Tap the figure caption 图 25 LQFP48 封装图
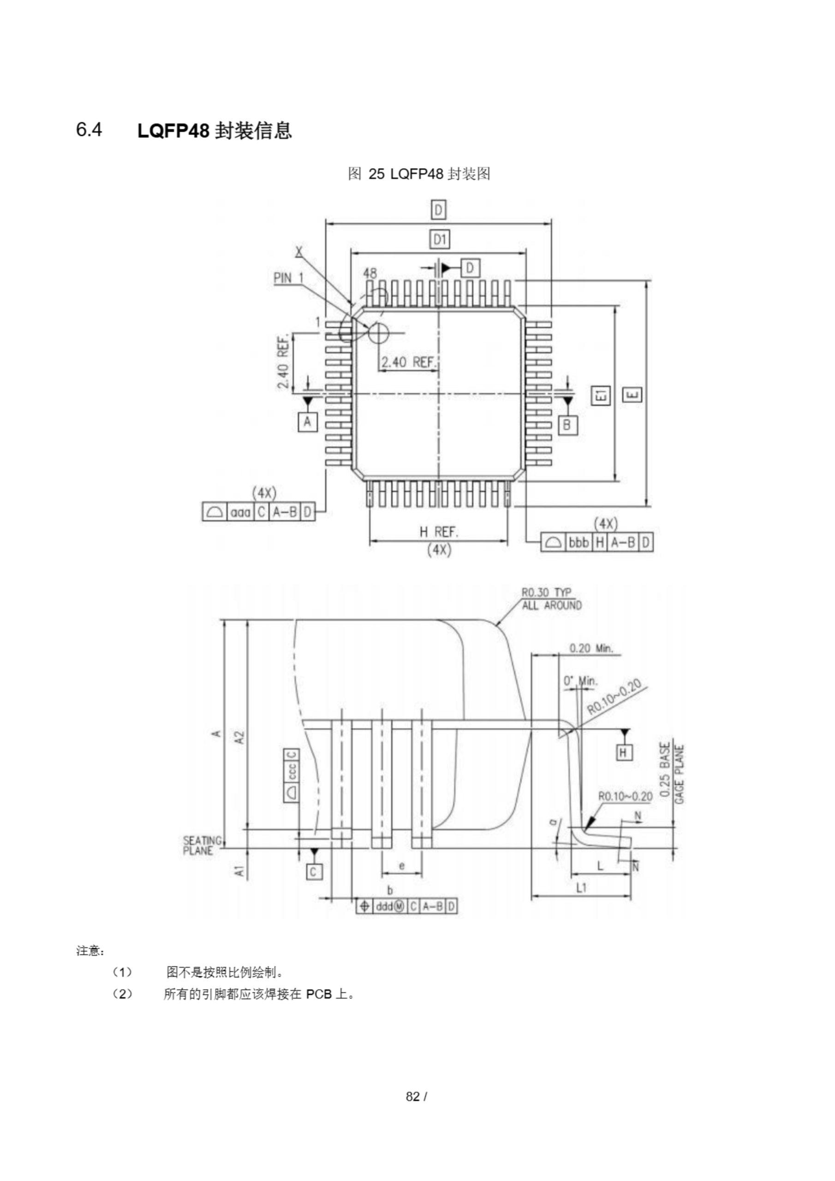(x=419, y=174)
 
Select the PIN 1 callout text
(x=289, y=278)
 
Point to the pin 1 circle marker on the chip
(x=379, y=333)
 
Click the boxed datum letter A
(x=308, y=422)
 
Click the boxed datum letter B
(x=567, y=425)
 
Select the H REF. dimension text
(x=438, y=532)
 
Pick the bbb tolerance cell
(x=579, y=543)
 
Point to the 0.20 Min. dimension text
(x=591, y=648)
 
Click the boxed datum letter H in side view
(x=624, y=753)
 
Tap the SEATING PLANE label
(x=202, y=846)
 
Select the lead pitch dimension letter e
(x=402, y=866)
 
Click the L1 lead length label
(x=581, y=887)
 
